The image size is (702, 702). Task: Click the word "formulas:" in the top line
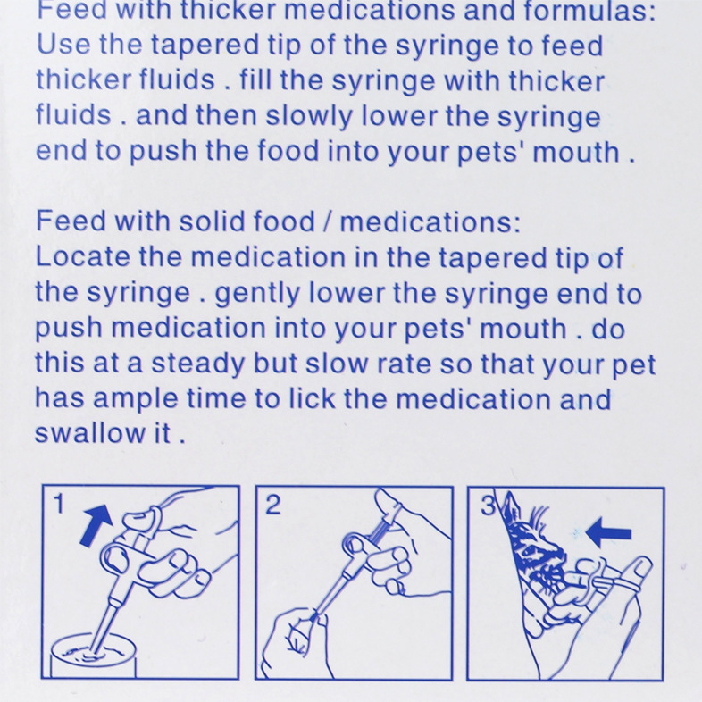(589, 11)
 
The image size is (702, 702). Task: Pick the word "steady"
(197, 364)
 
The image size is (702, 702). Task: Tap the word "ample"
(135, 400)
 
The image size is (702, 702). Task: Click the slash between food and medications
(328, 221)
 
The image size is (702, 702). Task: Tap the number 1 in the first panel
(59, 504)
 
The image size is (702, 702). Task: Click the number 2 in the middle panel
(273, 505)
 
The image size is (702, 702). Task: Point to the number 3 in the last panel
(488, 506)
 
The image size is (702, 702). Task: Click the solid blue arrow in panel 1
(96, 524)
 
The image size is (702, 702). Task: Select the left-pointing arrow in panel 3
(608, 533)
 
